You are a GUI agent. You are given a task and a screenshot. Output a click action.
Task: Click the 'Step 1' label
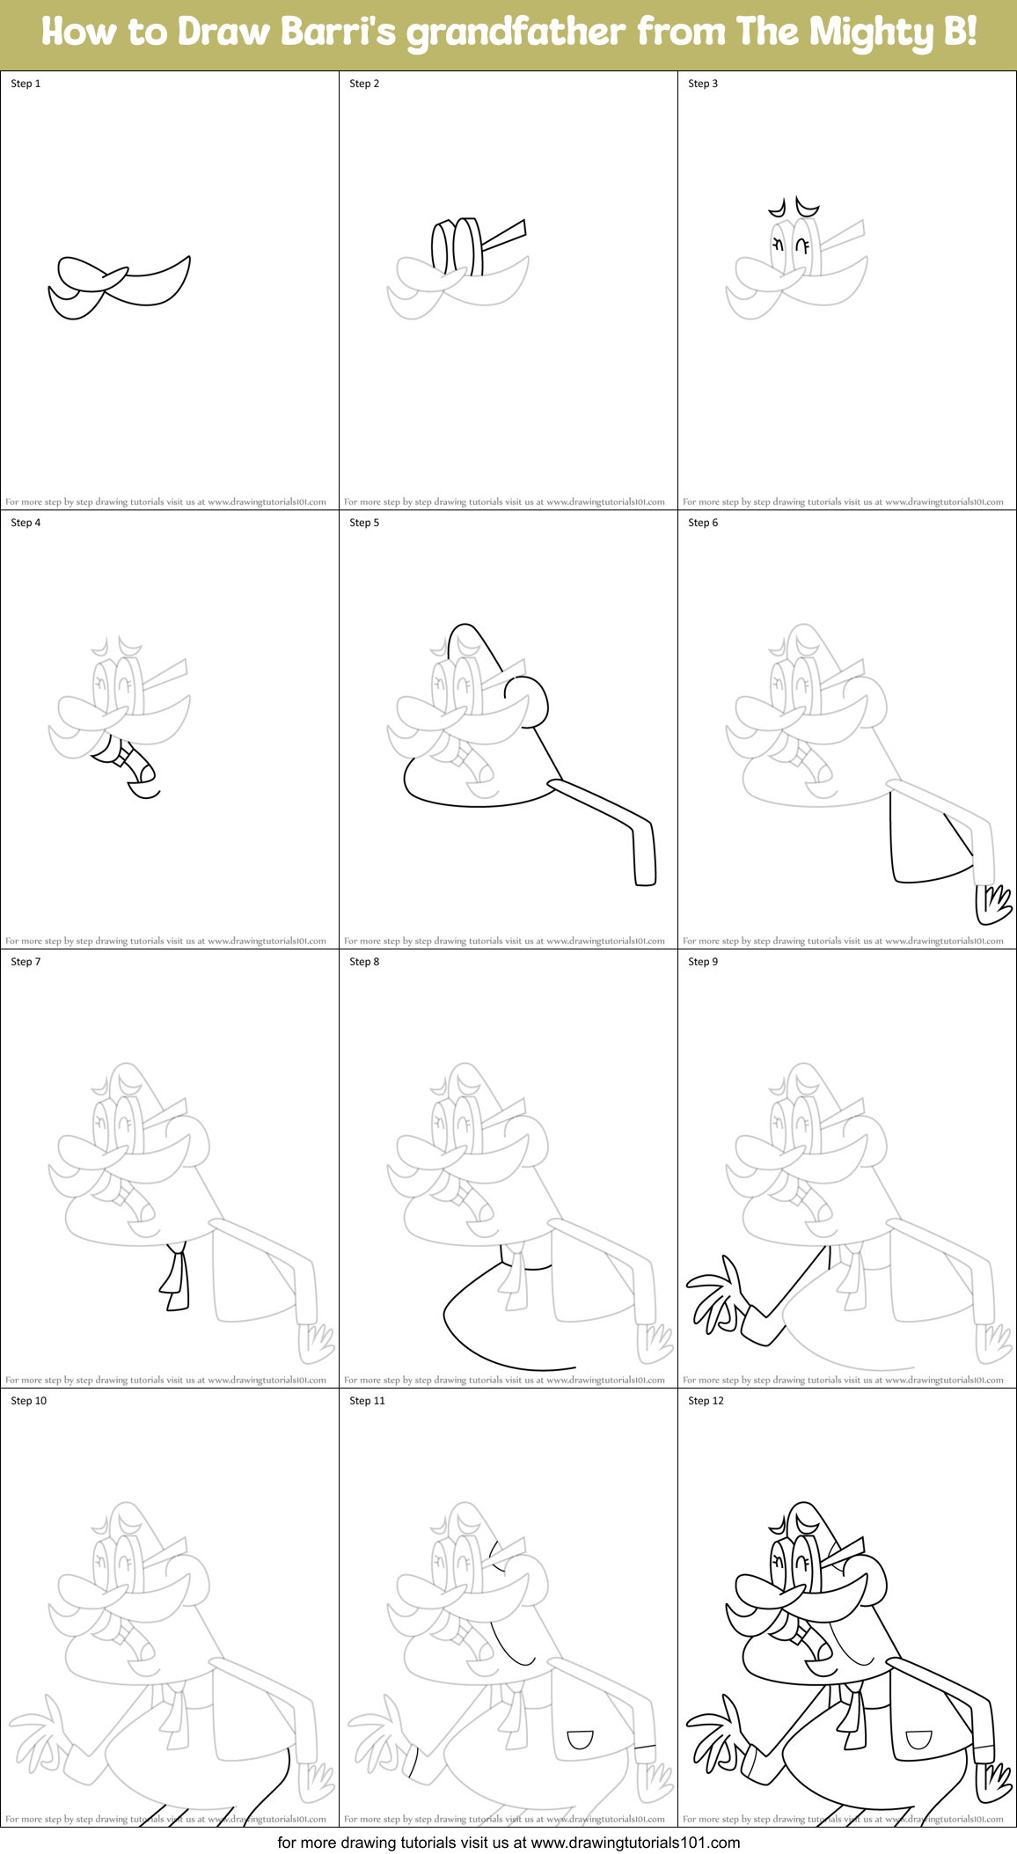(26, 84)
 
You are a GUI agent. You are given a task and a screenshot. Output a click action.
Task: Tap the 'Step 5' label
(364, 523)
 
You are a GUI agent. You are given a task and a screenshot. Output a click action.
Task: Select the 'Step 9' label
(703, 962)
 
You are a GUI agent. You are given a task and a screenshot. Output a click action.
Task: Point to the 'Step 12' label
(706, 1401)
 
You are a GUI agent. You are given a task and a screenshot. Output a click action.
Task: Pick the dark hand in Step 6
(994, 905)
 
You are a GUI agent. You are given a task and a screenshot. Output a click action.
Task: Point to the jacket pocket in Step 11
(580, 1739)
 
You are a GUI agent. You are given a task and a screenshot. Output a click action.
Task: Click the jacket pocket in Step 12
(918, 1739)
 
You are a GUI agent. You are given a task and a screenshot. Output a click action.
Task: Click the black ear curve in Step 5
(530, 700)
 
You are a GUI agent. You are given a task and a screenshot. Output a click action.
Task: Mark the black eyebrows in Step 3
(794, 209)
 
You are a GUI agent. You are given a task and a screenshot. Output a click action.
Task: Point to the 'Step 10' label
(28, 1401)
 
